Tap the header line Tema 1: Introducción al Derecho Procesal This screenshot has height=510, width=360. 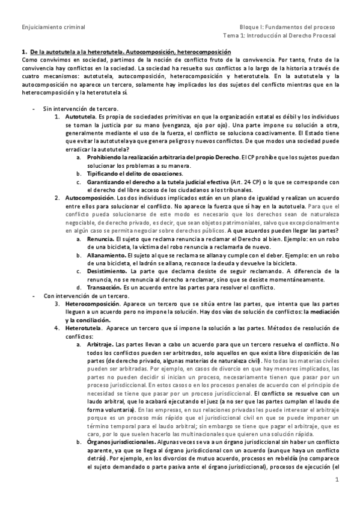click(x=280, y=37)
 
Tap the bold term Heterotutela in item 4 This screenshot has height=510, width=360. click(x=82, y=329)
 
